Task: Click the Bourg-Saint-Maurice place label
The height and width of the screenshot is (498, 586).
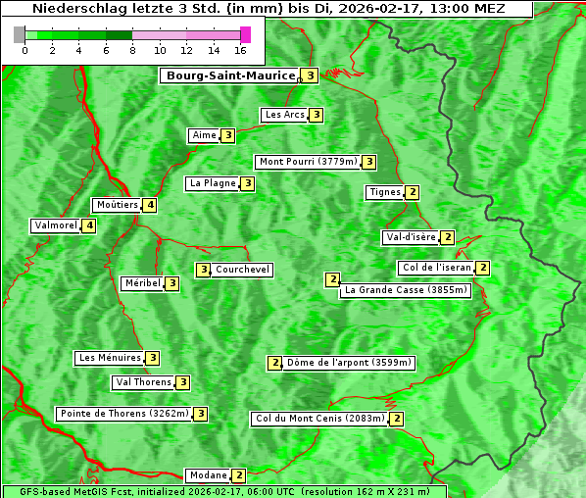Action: click(x=230, y=75)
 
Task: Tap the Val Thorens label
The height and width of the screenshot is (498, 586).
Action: click(x=143, y=382)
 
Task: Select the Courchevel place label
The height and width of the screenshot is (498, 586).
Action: click(x=243, y=270)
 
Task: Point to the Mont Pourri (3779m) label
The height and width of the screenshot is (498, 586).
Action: click(x=308, y=162)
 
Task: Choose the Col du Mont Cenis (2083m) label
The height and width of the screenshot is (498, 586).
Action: click(x=319, y=419)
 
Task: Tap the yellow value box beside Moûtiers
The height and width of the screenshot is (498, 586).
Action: click(x=149, y=205)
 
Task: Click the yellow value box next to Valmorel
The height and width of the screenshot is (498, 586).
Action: click(x=89, y=225)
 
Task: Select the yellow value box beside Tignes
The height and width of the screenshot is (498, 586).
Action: click(x=413, y=192)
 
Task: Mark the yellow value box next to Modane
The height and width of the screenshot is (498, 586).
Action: click(x=238, y=475)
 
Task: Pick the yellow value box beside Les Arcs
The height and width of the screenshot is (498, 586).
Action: click(x=317, y=115)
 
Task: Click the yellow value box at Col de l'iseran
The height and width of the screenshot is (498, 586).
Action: click(x=482, y=268)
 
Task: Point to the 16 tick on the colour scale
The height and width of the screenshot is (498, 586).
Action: click(x=240, y=50)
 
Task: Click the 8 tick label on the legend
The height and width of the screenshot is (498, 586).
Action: click(x=132, y=50)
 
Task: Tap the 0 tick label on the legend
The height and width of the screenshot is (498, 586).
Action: click(x=24, y=50)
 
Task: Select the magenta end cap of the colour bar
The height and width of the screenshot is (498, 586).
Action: click(x=245, y=34)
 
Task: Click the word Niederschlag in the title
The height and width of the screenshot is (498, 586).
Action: click(x=75, y=9)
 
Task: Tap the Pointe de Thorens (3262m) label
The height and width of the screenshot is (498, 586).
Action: click(x=123, y=414)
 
